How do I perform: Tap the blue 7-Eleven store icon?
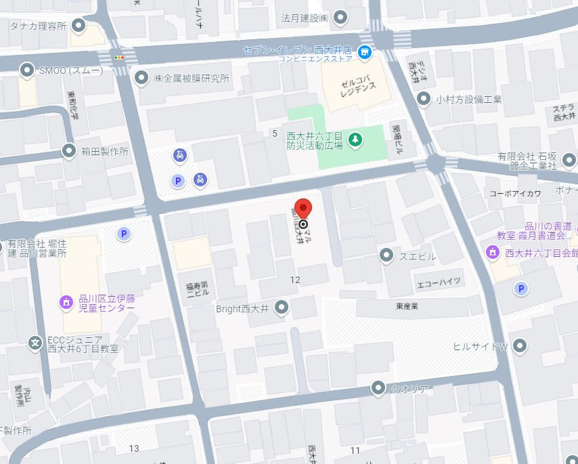365,51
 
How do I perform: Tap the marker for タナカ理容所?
79,26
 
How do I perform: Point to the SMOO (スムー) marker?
27,69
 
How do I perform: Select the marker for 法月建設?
341,17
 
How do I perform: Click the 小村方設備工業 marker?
424,99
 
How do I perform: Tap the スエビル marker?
386,255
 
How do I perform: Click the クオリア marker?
378,388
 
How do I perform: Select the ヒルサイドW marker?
520,346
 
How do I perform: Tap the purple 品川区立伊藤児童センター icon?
67,301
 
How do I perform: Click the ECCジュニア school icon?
35,343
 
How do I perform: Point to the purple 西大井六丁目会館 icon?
493,253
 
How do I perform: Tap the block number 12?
295,280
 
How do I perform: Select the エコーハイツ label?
439,280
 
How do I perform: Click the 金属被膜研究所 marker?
141,78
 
